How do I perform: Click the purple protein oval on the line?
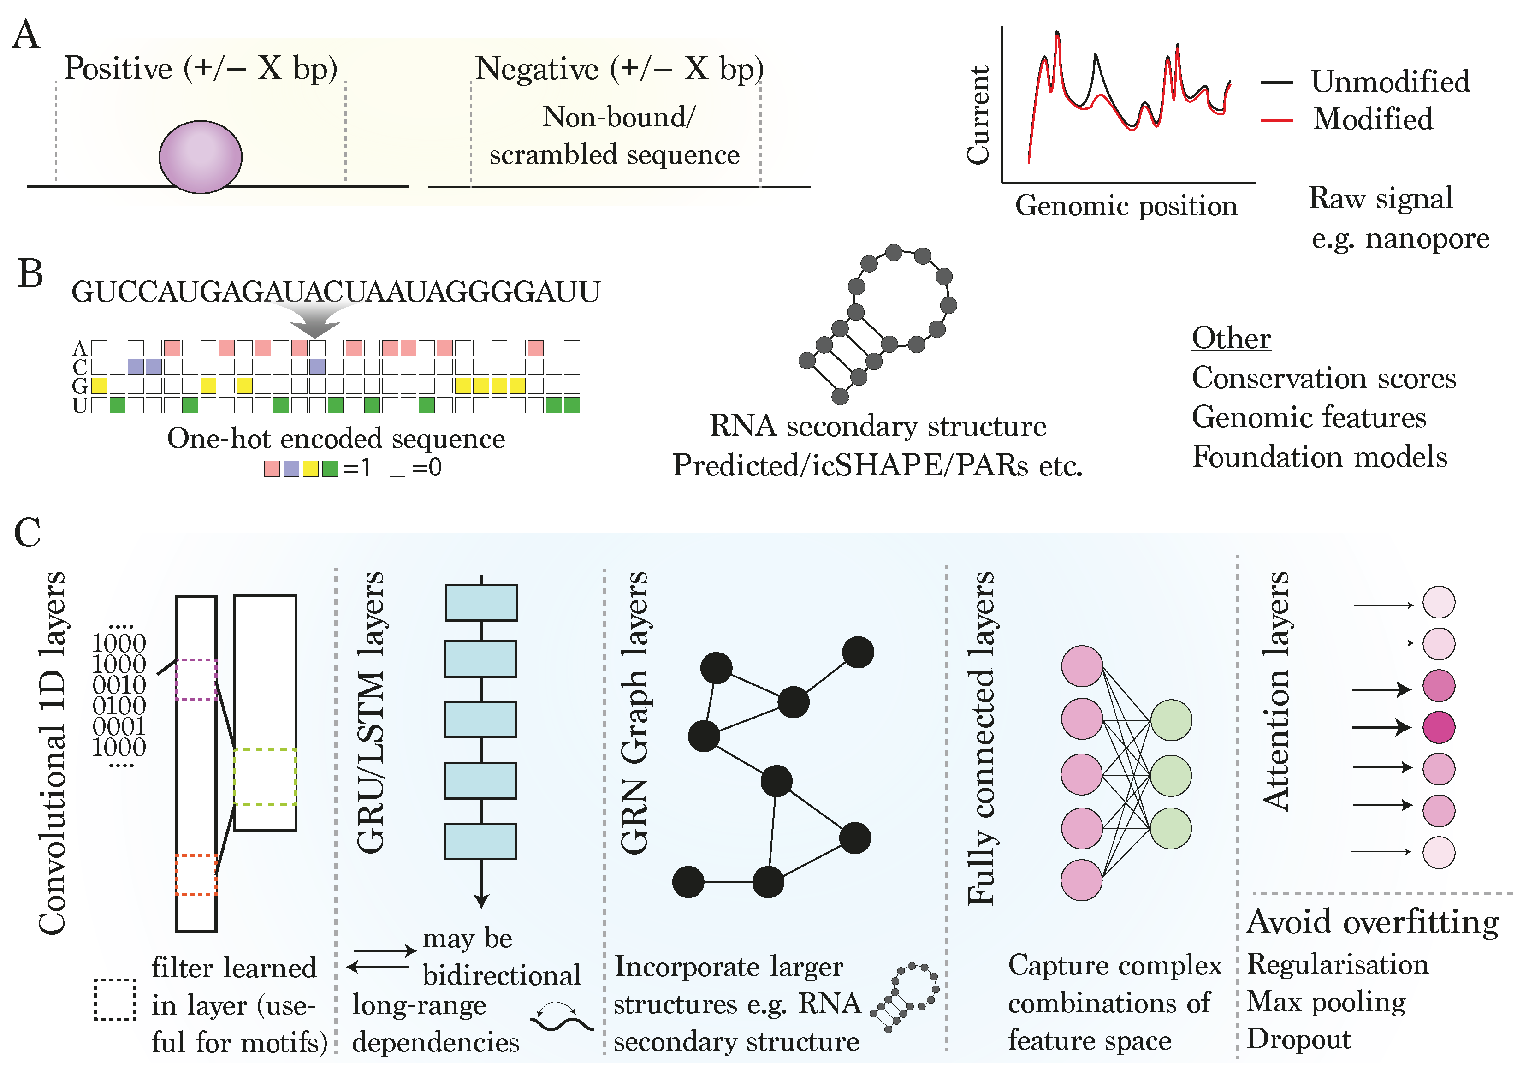click(201, 157)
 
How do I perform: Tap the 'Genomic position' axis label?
click(1126, 206)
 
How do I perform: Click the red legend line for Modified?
click(1276, 120)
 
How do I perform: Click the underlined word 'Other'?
click(1231, 339)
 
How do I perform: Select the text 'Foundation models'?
click(1319, 457)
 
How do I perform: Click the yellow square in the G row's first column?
click(99, 386)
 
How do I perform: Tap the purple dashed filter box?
click(196, 679)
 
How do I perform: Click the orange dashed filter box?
click(196, 874)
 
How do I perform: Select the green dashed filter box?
click(265, 777)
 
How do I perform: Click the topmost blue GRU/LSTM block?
click(481, 603)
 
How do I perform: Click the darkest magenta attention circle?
click(1439, 727)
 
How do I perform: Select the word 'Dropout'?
click(1298, 1039)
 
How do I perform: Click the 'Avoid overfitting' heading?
click(1372, 922)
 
